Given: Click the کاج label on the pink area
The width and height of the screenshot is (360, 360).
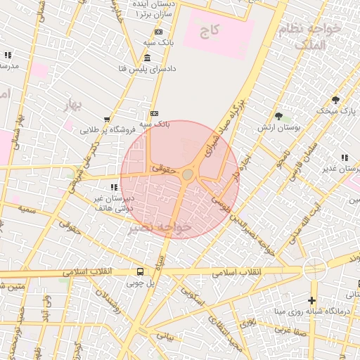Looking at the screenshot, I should [x=210, y=32].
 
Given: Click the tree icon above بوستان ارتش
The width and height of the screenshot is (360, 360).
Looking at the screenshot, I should [x=279, y=116].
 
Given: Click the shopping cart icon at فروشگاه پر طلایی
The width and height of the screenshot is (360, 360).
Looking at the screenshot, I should [x=106, y=119].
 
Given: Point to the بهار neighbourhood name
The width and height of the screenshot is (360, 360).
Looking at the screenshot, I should [x=73, y=106].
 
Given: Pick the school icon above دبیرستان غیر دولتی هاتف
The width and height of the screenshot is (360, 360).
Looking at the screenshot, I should [x=113, y=186].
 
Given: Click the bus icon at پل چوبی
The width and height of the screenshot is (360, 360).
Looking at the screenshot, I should [x=140, y=271].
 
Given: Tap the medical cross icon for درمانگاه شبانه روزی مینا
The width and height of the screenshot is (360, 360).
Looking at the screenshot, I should [x=313, y=300].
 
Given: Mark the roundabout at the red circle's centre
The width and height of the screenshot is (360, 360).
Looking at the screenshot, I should [x=188, y=174].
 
